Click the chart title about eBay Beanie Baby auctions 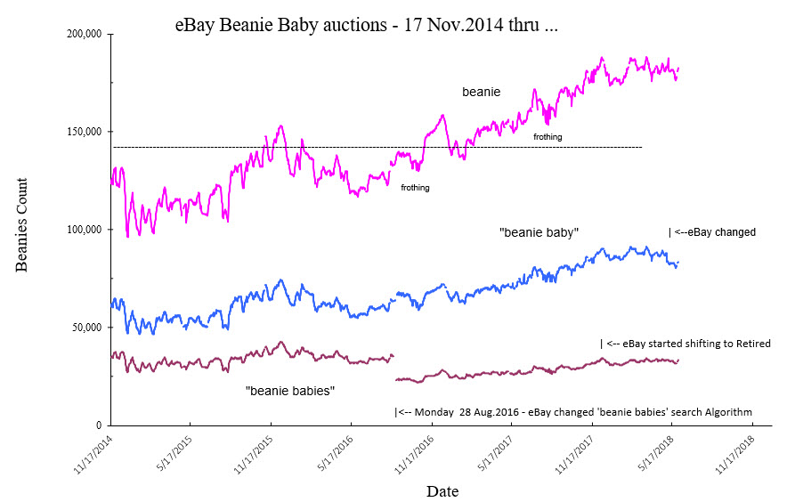point(367,27)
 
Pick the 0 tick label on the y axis point(98,425)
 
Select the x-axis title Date point(442,490)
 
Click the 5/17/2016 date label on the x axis point(334,454)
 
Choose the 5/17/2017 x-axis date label point(495,454)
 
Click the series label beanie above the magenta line point(481,92)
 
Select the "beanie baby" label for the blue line point(540,232)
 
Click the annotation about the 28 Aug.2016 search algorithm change point(572,412)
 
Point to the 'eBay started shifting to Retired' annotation point(685,343)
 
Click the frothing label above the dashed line point(548,136)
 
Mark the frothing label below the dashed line point(415,188)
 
